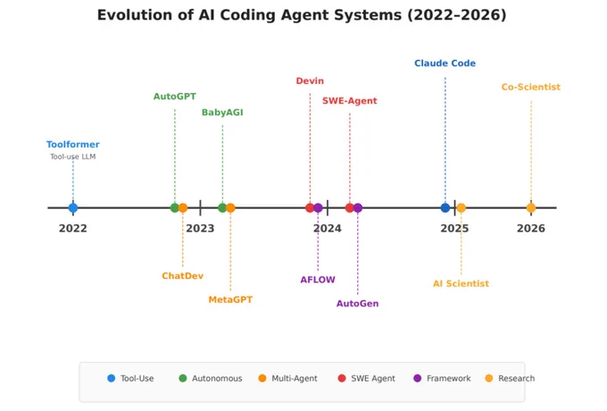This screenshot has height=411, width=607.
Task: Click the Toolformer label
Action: tap(73, 145)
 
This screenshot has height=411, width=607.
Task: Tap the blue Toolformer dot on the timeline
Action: tap(73, 208)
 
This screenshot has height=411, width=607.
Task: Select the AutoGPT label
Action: tap(175, 96)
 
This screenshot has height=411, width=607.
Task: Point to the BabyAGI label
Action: tap(222, 113)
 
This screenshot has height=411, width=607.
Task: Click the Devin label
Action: tap(310, 81)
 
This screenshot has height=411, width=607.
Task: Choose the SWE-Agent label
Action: tap(350, 101)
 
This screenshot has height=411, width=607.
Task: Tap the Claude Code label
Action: tap(445, 63)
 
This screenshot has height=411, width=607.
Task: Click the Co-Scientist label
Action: tap(531, 88)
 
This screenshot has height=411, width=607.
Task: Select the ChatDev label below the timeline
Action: tap(182, 276)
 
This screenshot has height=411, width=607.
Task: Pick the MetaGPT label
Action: tap(230, 299)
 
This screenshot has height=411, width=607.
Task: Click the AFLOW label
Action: tap(318, 280)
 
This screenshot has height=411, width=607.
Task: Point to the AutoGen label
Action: tap(357, 303)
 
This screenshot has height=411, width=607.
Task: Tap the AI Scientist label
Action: tap(461, 283)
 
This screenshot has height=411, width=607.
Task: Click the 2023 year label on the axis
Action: tap(200, 229)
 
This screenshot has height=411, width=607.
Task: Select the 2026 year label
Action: tap(531, 229)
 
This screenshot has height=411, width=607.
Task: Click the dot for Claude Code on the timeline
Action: tap(445, 208)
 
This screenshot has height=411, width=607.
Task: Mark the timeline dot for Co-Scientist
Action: tap(531, 208)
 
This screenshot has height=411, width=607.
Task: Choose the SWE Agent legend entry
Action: tap(367, 379)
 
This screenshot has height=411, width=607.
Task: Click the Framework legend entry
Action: tap(442, 379)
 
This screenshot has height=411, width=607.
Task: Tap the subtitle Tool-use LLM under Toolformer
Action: tap(73, 156)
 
